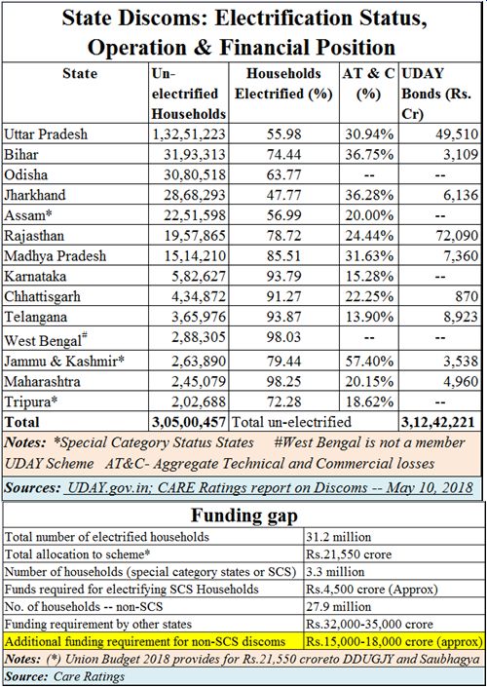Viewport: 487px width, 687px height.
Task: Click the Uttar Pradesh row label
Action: tap(46, 134)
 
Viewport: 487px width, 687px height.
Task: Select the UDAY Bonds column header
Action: tap(437, 94)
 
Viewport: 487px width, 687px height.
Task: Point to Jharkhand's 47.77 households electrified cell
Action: tap(283, 195)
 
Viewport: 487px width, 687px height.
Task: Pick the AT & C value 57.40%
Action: tap(369, 361)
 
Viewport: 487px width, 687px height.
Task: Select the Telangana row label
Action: tap(35, 318)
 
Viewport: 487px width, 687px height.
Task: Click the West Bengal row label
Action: tap(46, 339)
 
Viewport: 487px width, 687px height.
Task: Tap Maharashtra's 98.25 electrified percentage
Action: tap(283, 382)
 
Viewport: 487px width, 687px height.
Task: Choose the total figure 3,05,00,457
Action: tap(189, 422)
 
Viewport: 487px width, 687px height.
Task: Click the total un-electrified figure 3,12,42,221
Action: tap(438, 422)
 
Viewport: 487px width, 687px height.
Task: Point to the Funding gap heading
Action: tap(243, 515)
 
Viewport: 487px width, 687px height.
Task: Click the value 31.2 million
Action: tap(339, 537)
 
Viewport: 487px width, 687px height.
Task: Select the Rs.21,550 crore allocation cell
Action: tap(349, 554)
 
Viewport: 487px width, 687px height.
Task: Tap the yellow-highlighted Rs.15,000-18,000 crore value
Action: tap(393, 642)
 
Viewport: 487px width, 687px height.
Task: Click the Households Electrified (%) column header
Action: tap(283, 83)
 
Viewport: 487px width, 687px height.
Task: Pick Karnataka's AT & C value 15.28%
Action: tap(369, 277)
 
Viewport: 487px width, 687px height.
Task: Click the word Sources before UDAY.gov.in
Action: tap(32, 488)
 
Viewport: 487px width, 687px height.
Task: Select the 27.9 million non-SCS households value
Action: tap(339, 607)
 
